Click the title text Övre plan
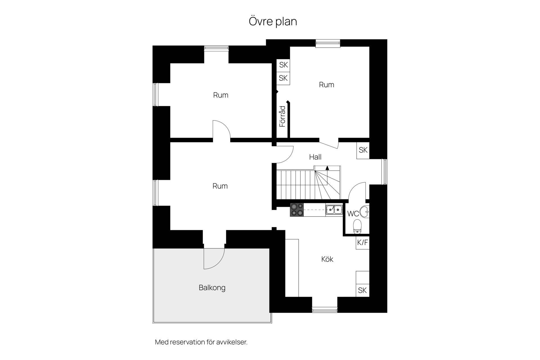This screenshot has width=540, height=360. point(273,22)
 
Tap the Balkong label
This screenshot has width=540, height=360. point(212,288)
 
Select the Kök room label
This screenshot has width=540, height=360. point(327,259)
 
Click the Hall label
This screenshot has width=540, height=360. point(315,157)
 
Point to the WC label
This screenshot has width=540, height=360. point(353,214)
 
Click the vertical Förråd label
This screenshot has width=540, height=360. point(282,116)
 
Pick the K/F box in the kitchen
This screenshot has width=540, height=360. point(363,242)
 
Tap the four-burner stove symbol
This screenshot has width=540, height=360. point(297,210)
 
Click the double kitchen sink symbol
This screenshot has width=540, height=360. point(334,210)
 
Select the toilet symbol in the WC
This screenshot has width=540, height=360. point(357,226)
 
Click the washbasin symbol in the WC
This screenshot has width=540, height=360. point(364,211)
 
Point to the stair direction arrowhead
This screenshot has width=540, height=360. point(327,168)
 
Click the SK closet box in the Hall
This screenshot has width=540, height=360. point(363,150)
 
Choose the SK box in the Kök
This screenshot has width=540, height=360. point(363,290)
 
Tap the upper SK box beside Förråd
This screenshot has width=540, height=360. point(283,65)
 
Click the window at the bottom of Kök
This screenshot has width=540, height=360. point(325,310)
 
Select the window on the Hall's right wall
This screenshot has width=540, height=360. point(384,172)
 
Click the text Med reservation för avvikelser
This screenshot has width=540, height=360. point(201,342)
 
